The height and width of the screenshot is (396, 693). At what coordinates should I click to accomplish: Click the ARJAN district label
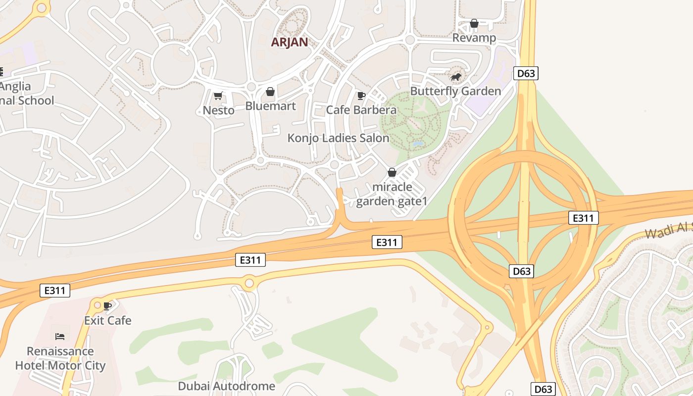point(289,42)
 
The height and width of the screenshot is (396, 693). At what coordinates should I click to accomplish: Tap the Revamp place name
point(474,38)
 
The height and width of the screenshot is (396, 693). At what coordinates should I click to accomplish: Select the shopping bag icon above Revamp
point(474,23)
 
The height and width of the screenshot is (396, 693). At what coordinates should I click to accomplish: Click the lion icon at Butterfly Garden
point(456,77)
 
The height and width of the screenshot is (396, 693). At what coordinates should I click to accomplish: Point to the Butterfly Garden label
point(455,91)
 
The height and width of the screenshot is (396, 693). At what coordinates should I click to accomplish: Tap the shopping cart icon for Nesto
point(218,96)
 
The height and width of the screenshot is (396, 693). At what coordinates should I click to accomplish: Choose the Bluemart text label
point(270,106)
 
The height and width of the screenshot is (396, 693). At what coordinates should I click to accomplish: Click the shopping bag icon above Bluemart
point(270,92)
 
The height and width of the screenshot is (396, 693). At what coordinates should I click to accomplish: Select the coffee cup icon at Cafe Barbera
point(361,96)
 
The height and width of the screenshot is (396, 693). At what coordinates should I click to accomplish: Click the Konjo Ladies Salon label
point(338,138)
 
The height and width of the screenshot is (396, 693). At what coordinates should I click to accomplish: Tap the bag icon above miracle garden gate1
point(392,172)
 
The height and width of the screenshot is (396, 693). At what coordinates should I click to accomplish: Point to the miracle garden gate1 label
point(392,194)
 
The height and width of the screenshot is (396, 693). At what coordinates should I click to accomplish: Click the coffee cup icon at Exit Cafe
point(107,306)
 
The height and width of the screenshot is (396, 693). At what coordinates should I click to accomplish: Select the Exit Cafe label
point(107,320)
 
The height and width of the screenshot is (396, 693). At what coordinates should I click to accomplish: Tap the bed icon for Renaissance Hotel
point(60,337)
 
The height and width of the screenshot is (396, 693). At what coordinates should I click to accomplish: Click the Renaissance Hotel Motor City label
point(60,358)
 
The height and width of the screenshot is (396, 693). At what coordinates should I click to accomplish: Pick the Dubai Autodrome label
point(226,386)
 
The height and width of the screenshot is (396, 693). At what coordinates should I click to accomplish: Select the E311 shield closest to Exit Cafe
point(54,291)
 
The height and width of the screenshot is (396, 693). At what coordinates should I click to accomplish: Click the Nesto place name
point(218,110)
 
